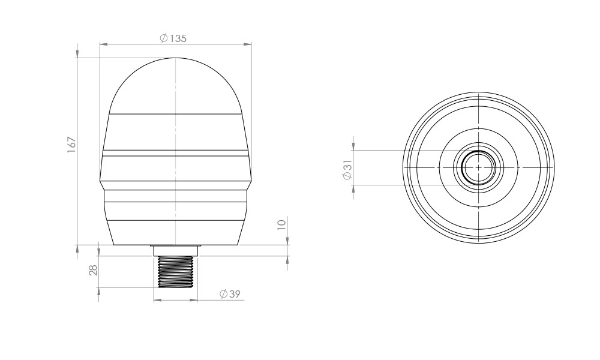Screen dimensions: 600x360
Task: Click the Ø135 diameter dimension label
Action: (x=173, y=38)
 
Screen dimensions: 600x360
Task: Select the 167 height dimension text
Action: (x=72, y=145)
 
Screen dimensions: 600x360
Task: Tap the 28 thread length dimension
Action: (x=94, y=270)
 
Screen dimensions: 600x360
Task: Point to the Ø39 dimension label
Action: (x=230, y=294)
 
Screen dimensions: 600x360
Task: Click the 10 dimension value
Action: (x=281, y=224)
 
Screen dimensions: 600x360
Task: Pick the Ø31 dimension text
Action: (x=347, y=170)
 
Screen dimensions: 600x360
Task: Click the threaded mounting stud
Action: (x=175, y=272)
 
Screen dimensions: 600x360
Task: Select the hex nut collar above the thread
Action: (x=175, y=251)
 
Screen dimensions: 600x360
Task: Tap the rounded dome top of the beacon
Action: (x=175, y=85)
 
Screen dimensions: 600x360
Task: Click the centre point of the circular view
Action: (x=479, y=167)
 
